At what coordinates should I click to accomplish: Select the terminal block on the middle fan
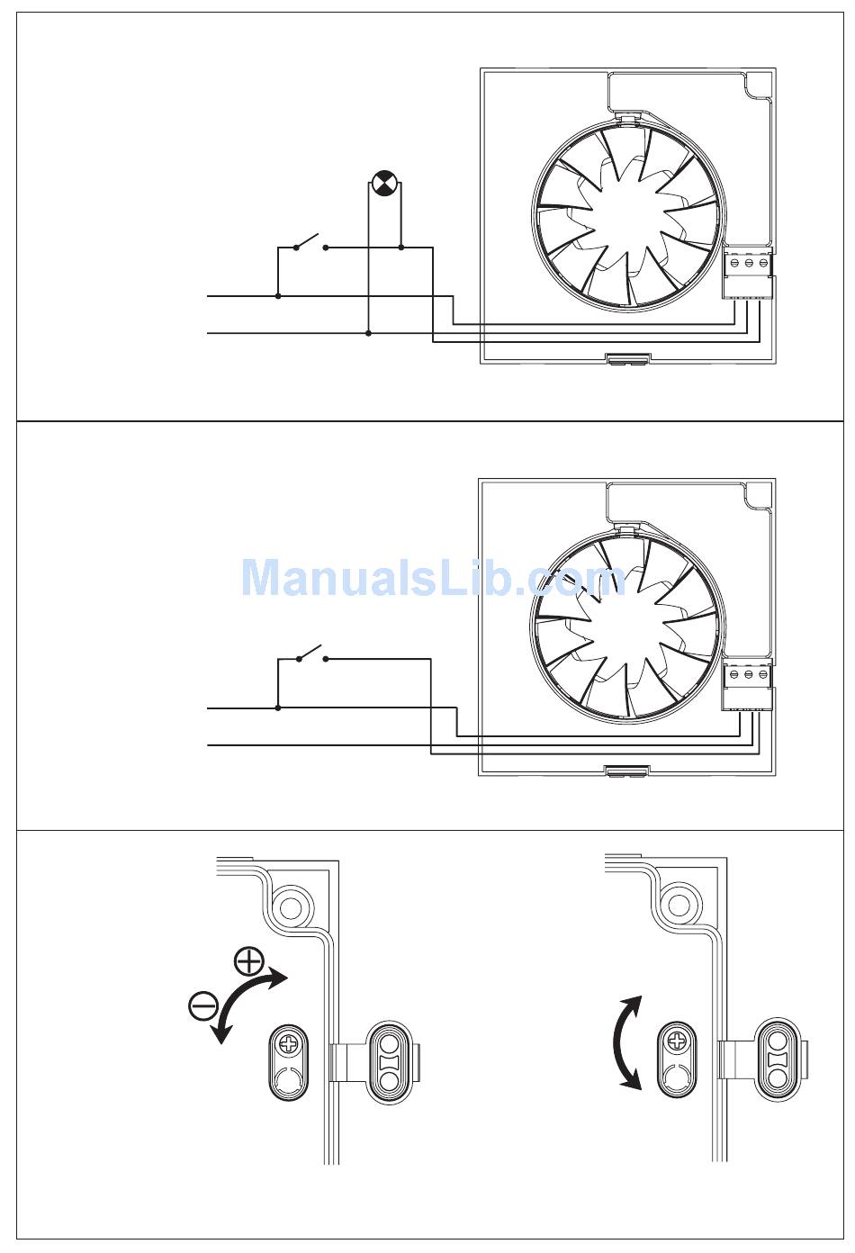pos(748,685)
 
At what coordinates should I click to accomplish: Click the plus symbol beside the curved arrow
pos(247,961)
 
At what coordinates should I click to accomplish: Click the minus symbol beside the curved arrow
pos(203,1004)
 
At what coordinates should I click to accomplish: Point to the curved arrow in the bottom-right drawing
pos(626,1042)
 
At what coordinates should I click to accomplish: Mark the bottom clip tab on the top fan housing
pos(626,359)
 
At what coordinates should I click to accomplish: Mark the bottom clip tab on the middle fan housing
pos(626,771)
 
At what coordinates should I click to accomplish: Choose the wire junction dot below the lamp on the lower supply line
pos(369,333)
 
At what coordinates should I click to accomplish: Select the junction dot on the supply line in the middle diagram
pos(278,708)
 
